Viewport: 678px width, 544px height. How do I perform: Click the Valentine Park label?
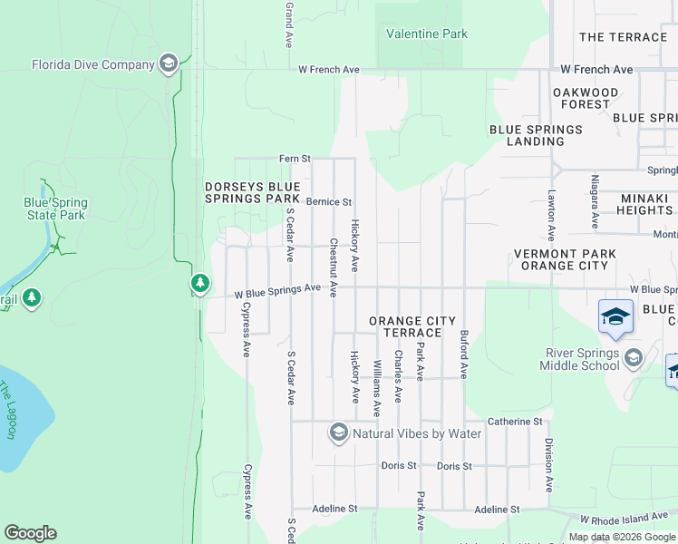(x=427, y=34)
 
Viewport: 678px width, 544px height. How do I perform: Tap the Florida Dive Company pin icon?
(x=168, y=63)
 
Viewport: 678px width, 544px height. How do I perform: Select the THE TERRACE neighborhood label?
(x=623, y=37)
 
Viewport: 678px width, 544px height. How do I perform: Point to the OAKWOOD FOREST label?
(x=586, y=98)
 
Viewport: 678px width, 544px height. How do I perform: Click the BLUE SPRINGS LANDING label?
(x=536, y=135)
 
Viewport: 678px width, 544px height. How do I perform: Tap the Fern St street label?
(x=295, y=159)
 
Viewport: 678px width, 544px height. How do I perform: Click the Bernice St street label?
(x=328, y=202)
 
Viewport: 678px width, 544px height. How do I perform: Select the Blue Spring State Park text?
(x=54, y=209)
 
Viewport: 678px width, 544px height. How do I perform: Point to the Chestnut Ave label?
(x=334, y=267)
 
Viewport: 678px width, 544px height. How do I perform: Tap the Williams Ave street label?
(x=377, y=387)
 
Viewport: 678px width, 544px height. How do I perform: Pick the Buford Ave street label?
(x=463, y=354)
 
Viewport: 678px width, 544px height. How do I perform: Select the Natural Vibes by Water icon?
(x=339, y=432)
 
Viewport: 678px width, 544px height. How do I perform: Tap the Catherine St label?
(x=514, y=422)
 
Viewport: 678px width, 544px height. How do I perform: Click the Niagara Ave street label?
(x=595, y=201)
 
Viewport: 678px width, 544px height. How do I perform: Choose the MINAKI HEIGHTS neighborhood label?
(x=634, y=204)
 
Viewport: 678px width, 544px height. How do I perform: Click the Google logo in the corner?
(x=30, y=533)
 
